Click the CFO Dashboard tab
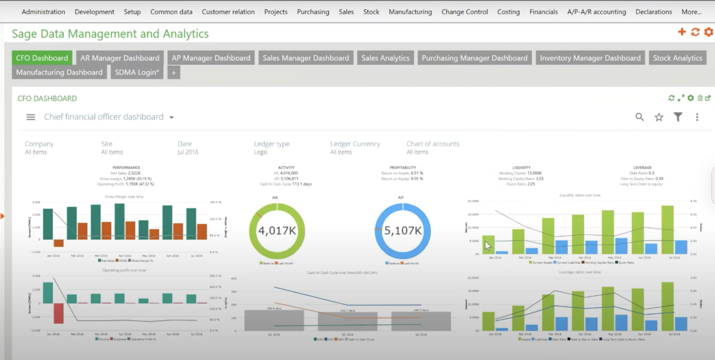[42, 58]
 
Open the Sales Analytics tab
[385, 58]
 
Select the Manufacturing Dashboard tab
[59, 72]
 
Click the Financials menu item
[543, 12]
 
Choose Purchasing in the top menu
[313, 12]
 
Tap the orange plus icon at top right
[681, 32]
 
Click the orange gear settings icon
[708, 32]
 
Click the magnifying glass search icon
[640, 117]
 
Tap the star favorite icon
[659, 117]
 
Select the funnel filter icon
[678, 117]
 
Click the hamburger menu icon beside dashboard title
[31, 117]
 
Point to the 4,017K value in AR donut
[277, 231]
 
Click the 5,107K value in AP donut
[403, 231]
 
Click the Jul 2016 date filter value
[188, 152]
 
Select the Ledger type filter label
[271, 144]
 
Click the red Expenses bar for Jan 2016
[58, 313]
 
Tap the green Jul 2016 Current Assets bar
[667, 230]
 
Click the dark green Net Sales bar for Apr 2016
[120, 222]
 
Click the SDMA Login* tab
[137, 72]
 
